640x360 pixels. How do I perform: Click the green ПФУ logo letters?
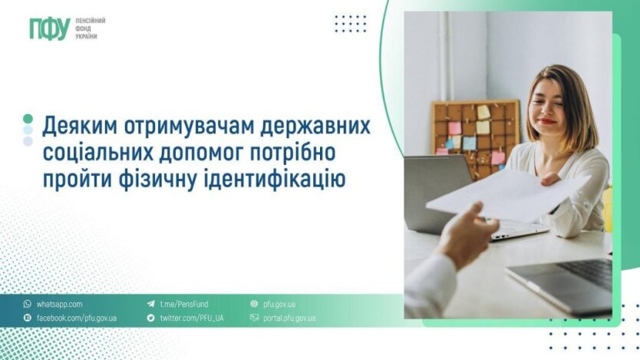click(50, 28)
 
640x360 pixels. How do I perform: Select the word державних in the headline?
click(315, 127)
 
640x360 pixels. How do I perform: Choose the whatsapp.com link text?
click(60, 305)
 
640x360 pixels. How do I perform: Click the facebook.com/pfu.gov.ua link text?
click(77, 318)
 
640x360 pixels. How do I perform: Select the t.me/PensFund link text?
click(184, 304)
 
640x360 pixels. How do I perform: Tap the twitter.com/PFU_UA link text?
click(192, 318)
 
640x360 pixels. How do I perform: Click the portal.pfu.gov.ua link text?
click(289, 318)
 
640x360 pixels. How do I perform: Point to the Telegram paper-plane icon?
click(151, 304)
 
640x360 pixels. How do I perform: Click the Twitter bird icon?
click(151, 318)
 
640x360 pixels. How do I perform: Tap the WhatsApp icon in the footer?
click(28, 304)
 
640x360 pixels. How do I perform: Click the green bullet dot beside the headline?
click(28, 119)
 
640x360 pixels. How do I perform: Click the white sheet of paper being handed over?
click(506, 195)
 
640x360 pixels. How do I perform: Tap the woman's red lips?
click(547, 121)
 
